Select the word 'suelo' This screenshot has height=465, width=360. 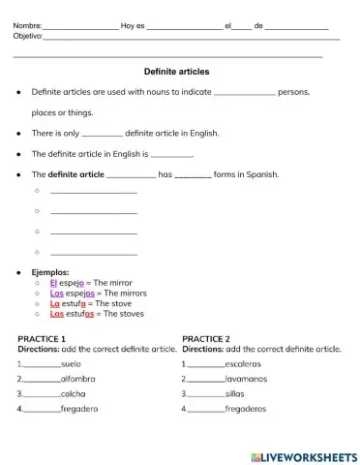tap(71, 363)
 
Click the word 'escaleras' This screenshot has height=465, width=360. tap(243, 363)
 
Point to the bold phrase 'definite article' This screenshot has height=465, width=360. tap(76, 174)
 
